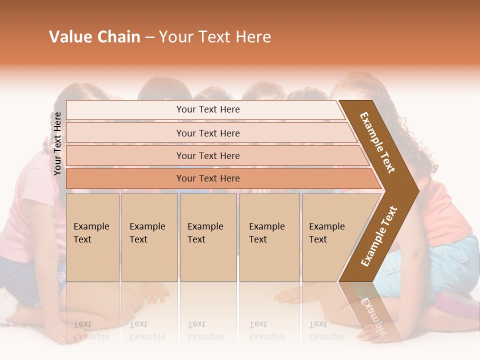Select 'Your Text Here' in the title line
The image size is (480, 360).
(x=215, y=37)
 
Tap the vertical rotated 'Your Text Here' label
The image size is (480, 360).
(x=57, y=143)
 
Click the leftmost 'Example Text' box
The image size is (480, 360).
(x=92, y=237)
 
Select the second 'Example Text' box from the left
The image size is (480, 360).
(x=149, y=237)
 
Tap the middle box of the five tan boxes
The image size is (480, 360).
(x=208, y=237)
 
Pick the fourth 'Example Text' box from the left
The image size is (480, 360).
(x=269, y=237)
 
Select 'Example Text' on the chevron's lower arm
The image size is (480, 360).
(x=378, y=236)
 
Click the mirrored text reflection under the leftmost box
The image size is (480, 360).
(x=91, y=330)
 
